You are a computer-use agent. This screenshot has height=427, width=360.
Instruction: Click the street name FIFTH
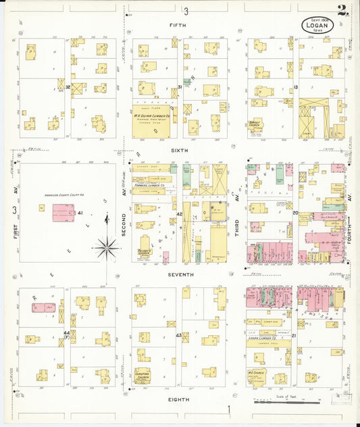180,24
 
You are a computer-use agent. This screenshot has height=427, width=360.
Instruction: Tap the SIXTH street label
180,151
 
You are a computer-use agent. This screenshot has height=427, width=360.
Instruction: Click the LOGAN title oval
317,25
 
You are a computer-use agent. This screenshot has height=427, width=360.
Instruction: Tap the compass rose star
107,248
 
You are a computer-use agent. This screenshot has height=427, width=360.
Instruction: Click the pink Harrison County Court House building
65,214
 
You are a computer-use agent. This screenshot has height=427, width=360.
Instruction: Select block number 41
80,214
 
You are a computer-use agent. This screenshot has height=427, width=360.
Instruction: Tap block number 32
68,87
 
